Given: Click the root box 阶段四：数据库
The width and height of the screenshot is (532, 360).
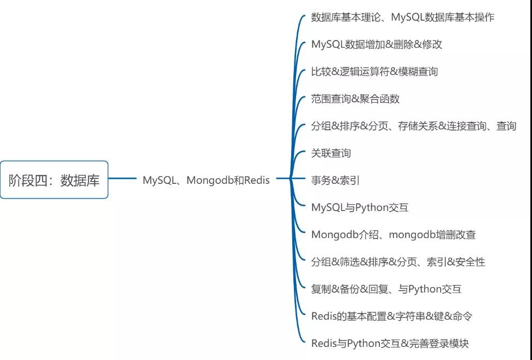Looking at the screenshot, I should coord(54,180).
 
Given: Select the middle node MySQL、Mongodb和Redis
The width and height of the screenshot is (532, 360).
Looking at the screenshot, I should coord(206,180).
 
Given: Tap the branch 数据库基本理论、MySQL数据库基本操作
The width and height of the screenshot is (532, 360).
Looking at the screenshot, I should coord(402,17).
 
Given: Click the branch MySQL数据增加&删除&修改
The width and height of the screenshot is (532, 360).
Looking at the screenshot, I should coord(377,44).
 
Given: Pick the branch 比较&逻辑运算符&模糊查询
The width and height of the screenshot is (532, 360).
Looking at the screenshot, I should coord(374,72).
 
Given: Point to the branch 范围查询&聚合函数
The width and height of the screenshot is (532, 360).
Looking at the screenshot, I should coord(355,99).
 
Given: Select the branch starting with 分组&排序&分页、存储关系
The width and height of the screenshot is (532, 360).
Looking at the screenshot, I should coord(413,126).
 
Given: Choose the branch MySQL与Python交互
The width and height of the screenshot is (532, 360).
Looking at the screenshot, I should coord(360,207).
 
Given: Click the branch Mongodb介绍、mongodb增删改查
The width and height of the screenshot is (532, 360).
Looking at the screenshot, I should coord(394,235).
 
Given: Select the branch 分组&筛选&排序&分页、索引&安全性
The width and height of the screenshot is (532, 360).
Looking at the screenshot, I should coord(398,262).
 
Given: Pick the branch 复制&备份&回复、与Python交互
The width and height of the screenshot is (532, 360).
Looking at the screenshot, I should coord(386,289).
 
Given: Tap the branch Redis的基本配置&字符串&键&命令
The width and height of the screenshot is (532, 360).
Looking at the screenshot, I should coord(392,316).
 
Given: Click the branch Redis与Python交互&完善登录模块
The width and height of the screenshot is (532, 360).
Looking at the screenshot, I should coord(390,344).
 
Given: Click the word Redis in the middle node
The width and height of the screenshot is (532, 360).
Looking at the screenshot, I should coord(257,180).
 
